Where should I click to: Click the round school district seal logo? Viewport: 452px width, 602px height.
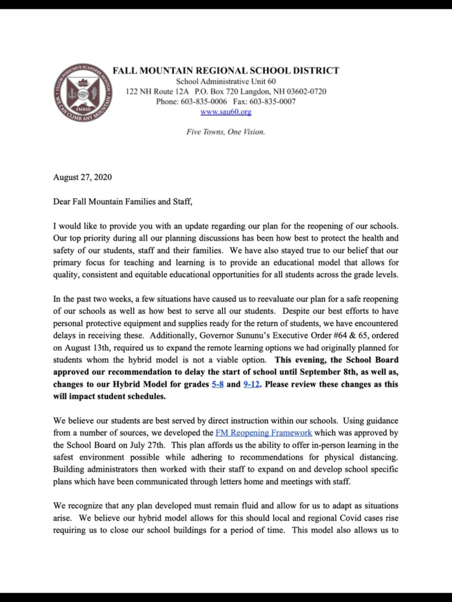81,92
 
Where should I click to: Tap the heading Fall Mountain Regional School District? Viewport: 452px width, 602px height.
226,71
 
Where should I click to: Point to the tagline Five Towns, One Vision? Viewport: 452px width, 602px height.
226,132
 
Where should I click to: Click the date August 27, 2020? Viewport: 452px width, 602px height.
82,177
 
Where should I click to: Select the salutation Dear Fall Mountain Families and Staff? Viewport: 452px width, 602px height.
122,202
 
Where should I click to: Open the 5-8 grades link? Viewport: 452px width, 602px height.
217,384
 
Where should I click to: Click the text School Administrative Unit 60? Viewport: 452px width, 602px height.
226,81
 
